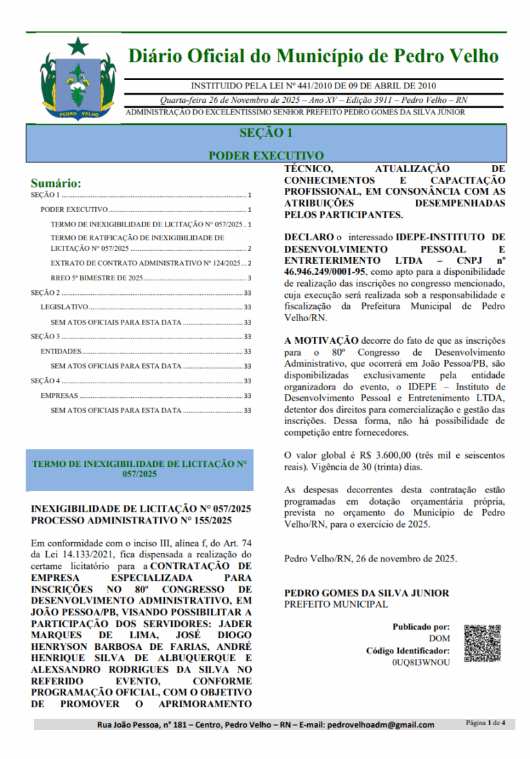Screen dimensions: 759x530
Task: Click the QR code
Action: coord(482,644)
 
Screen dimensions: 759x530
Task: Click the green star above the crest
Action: coord(77,46)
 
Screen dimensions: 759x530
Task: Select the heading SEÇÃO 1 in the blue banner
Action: coord(266,133)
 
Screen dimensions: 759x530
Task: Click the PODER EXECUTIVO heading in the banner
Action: coord(266,156)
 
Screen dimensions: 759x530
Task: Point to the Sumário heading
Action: coord(56,184)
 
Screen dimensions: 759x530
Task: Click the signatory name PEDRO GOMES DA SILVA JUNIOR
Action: coord(366,593)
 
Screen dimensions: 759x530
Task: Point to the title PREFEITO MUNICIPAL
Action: coord(336,604)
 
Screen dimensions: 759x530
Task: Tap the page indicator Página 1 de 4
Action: coord(486,723)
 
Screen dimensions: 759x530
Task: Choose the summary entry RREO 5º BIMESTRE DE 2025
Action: coord(97,278)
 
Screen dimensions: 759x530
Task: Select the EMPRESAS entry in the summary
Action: coord(59,396)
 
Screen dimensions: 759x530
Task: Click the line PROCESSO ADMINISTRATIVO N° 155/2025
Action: coord(131,520)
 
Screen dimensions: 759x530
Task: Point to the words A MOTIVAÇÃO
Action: coord(322,340)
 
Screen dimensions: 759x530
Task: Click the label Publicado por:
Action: coord(421,627)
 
